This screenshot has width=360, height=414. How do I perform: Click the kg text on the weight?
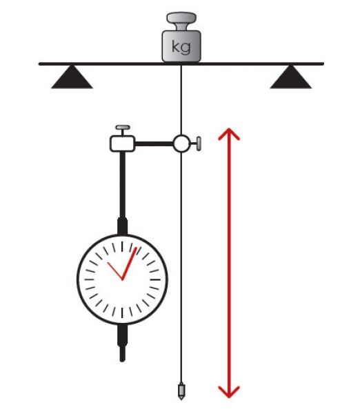coord(181,47)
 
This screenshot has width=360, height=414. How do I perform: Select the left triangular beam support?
coord(72,77)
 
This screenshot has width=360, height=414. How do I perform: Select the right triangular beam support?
coord(290,77)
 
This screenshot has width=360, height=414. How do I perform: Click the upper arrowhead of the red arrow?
coord(229,134)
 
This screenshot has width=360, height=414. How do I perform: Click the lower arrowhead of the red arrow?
coord(229,392)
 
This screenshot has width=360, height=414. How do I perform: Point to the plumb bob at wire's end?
coord(181,391)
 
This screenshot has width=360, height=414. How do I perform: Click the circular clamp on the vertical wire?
coord(181,144)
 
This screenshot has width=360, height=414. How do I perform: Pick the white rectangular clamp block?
coord(122,144)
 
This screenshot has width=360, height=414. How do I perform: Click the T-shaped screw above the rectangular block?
coord(123,130)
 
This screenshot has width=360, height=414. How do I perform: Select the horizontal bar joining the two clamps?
coord(154,144)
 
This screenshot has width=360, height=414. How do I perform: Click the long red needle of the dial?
coord(129,264)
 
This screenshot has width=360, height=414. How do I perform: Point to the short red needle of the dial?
coord(114,271)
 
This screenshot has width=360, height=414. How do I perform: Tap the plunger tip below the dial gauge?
coord(122,354)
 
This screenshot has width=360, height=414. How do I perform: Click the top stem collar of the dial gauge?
coord(122,226)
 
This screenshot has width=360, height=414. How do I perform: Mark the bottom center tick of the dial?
coord(122,313)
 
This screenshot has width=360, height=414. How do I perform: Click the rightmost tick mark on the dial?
coord(155,279)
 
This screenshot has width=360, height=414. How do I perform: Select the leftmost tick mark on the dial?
coord(89,279)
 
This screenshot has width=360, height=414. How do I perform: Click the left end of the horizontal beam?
coord(39,64)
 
